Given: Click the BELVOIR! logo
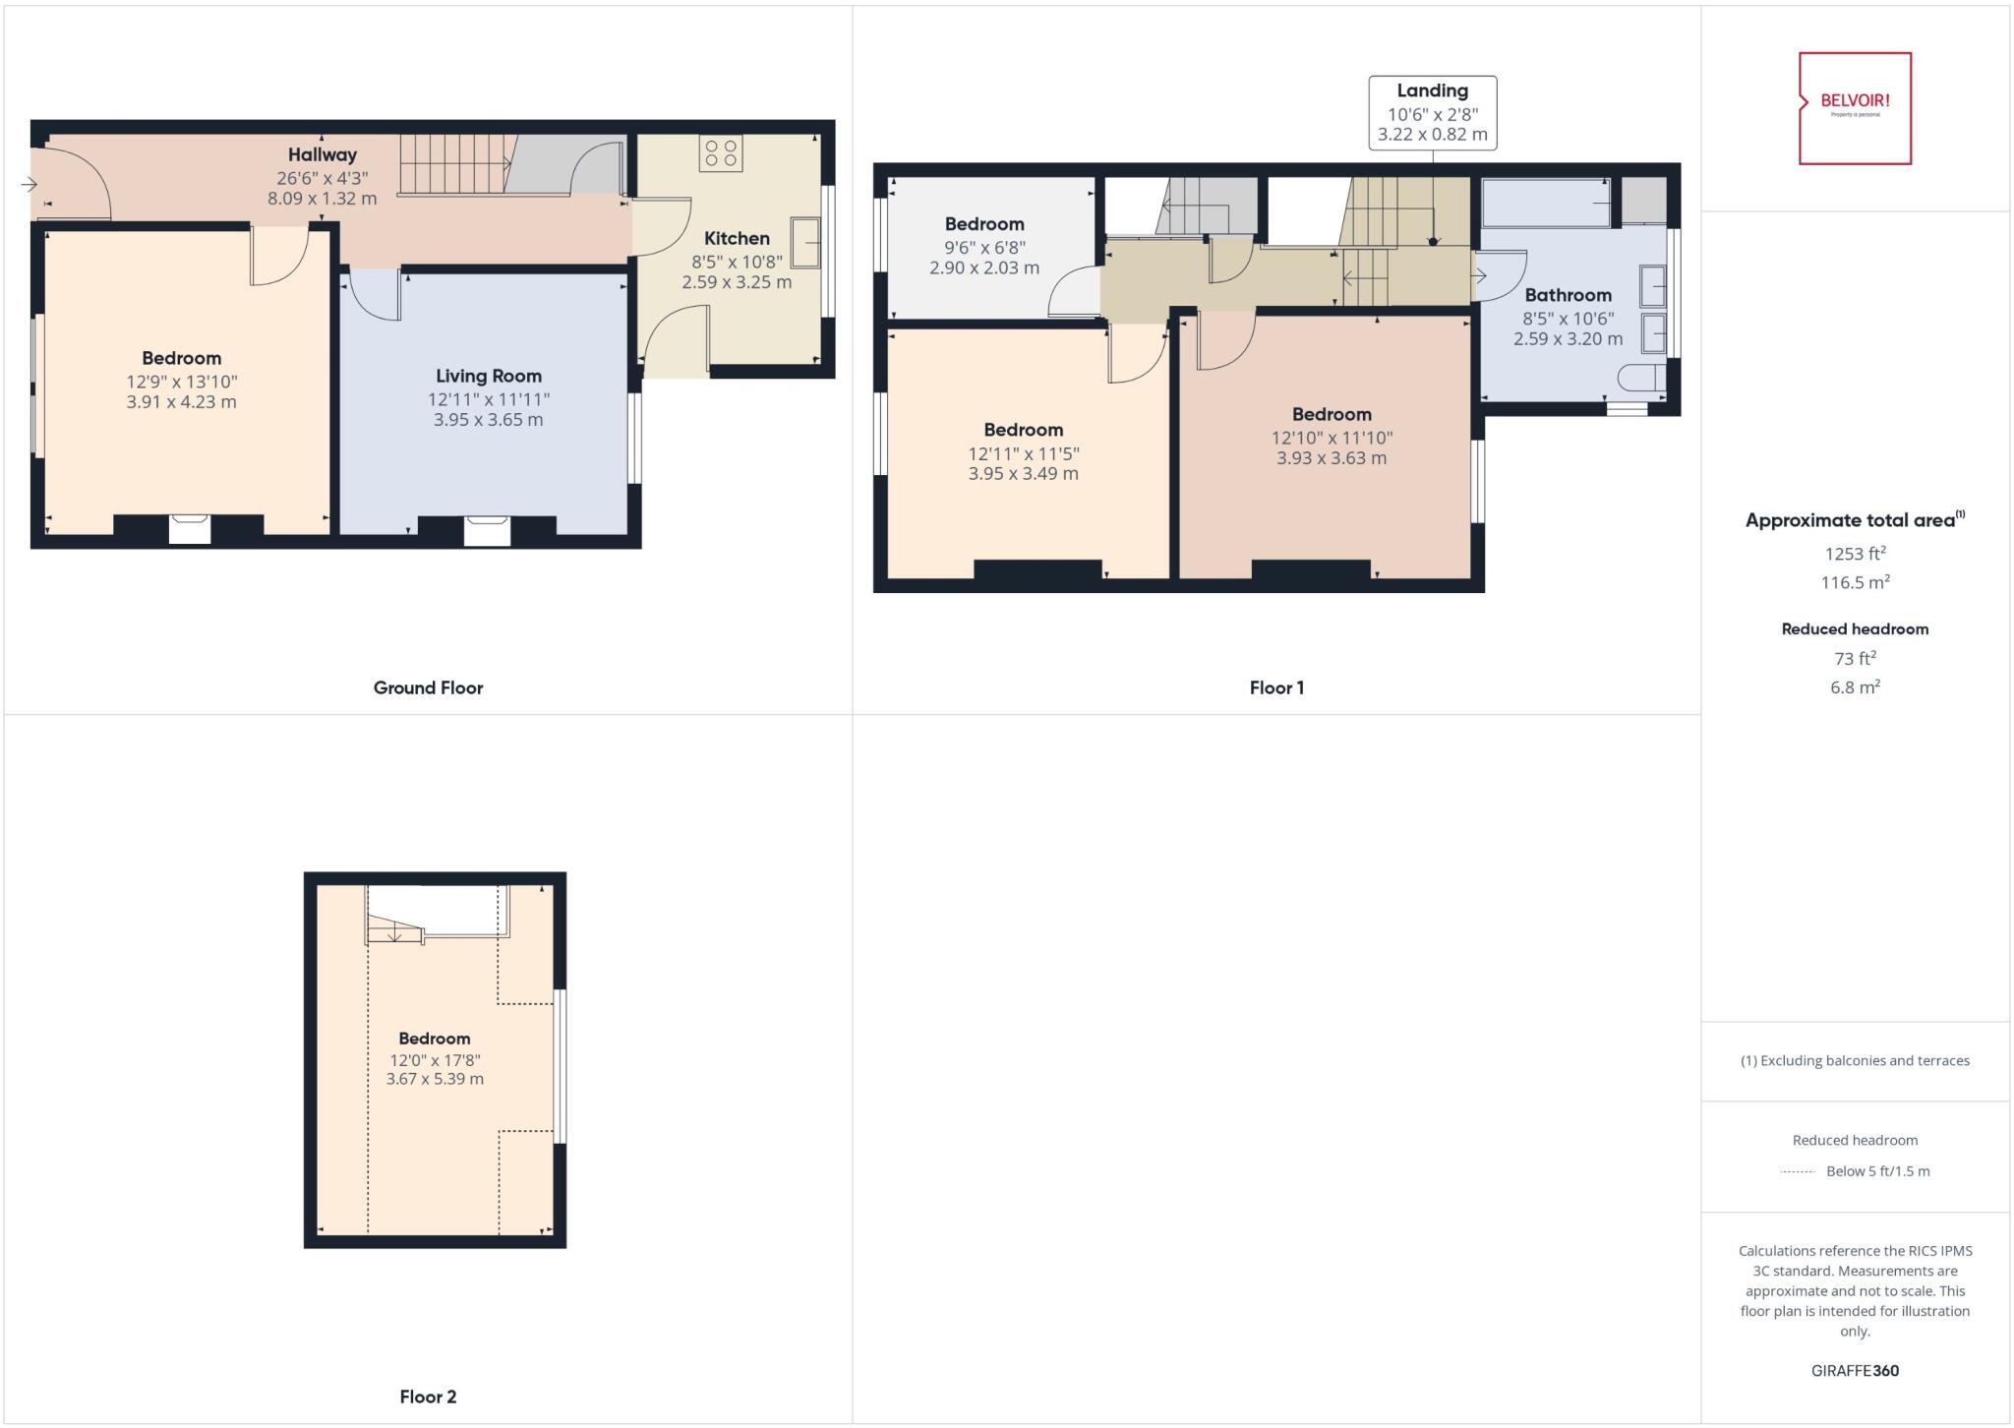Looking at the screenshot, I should (x=1855, y=107).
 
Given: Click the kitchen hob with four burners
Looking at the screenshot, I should (x=721, y=153).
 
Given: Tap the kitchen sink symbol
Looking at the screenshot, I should (x=804, y=242).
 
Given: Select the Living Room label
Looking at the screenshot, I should (x=489, y=376).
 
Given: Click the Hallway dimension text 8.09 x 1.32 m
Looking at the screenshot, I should (x=322, y=198).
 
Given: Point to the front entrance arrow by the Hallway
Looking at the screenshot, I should (x=29, y=184).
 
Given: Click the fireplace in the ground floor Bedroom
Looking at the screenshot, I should (x=189, y=528).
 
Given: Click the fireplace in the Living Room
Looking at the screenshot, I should (x=488, y=530).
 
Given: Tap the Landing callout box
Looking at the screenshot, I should (x=1432, y=113).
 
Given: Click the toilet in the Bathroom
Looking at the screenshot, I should (x=1642, y=378).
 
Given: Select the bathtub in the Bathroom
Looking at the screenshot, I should (x=1546, y=203).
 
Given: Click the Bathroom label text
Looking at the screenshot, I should (x=1568, y=295).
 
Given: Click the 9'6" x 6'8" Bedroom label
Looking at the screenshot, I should (x=983, y=224).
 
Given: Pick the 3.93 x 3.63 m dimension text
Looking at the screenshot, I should (x=1332, y=458).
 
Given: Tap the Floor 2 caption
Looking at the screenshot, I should (x=428, y=1397).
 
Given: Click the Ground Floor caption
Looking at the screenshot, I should (x=428, y=687).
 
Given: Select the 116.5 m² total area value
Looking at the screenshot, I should (x=1855, y=582).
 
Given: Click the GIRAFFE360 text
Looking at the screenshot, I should (x=1855, y=1370).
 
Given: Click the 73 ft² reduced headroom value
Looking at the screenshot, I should (x=1855, y=658).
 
